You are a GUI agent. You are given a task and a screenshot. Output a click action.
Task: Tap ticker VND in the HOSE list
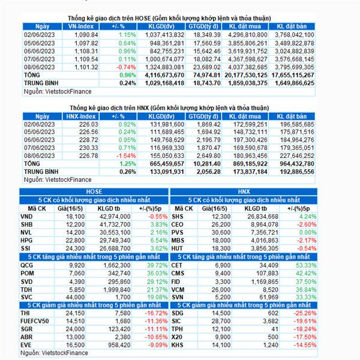point(27,216)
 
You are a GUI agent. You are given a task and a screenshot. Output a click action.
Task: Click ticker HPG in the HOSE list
point(27,239)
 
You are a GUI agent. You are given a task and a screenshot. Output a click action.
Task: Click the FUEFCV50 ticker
point(36,320)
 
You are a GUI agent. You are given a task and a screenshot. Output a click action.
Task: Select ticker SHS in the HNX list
point(178,216)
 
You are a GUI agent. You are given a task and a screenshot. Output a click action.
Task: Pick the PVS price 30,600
point(220,232)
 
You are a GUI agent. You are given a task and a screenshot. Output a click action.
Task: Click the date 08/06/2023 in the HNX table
point(40,155)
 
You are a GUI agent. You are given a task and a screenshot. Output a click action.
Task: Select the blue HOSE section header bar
point(94,191)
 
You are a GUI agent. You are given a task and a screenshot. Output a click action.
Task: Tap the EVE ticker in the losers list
point(27,344)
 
